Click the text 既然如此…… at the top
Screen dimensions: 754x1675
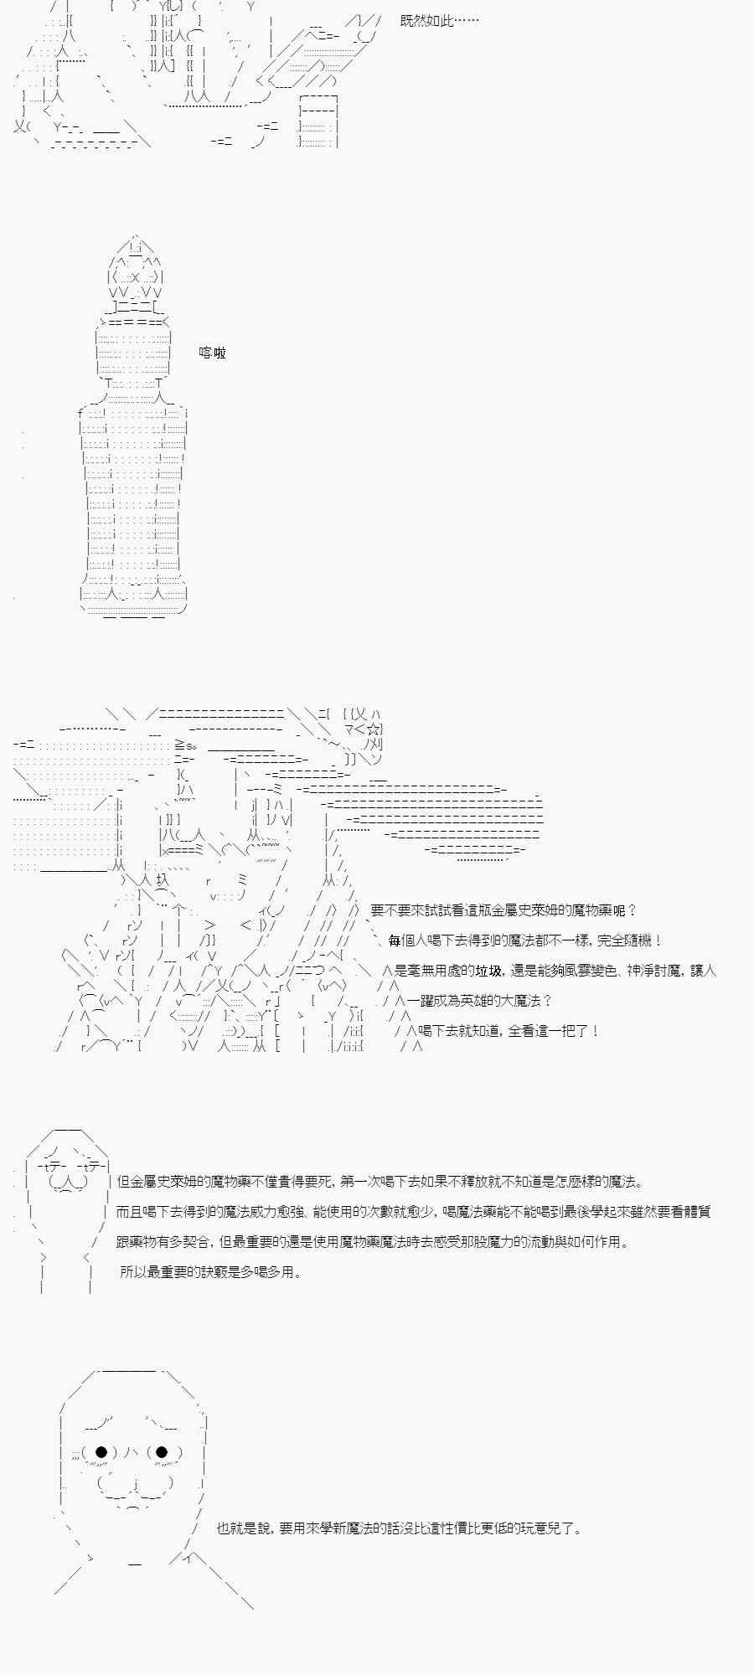439,21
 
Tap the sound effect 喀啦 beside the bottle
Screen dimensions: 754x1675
213,353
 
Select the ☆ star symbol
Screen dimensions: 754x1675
373,729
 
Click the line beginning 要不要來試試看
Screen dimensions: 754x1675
504,910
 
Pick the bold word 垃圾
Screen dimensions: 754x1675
489,971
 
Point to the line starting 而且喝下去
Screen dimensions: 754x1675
414,1212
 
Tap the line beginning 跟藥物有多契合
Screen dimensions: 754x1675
373,1242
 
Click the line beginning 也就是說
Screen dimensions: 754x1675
400,1528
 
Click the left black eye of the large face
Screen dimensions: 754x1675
101,1452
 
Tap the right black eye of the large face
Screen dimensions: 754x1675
163,1452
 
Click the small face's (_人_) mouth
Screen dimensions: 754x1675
68,1183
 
